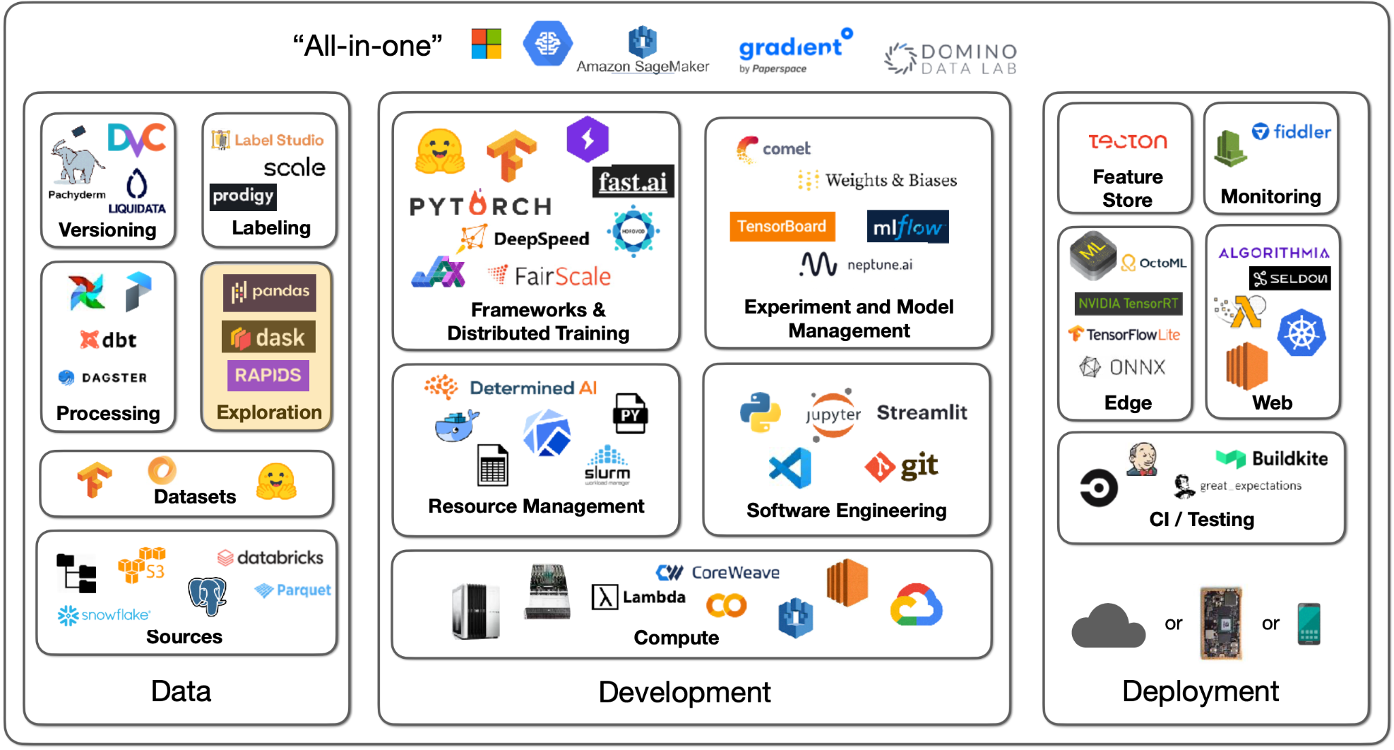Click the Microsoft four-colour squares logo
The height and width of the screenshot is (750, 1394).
pyautogui.click(x=487, y=44)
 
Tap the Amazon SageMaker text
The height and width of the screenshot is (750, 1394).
pyautogui.click(x=643, y=66)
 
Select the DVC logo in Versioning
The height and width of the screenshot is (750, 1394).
pyautogui.click(x=136, y=139)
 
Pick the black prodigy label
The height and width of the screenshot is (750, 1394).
pyautogui.click(x=243, y=196)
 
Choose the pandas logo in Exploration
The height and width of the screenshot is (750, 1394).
pyautogui.click(x=270, y=292)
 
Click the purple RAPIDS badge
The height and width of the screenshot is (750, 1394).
pyautogui.click(x=268, y=375)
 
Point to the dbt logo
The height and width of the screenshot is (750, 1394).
pyautogui.click(x=109, y=340)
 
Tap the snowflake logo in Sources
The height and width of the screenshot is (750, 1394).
pyautogui.click(x=103, y=615)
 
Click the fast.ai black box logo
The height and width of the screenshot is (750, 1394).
pyautogui.click(x=633, y=182)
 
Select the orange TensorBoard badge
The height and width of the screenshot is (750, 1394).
pyautogui.click(x=781, y=227)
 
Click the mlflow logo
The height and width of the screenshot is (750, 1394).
pyautogui.click(x=907, y=227)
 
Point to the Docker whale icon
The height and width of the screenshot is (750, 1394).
pyautogui.click(x=456, y=425)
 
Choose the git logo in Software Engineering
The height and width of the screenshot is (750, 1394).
pyautogui.click(x=902, y=466)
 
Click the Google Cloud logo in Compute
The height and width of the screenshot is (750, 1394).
pyautogui.click(x=916, y=605)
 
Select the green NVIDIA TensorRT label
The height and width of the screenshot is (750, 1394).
pyautogui.click(x=1128, y=304)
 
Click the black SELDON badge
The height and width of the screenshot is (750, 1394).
pyautogui.click(x=1290, y=278)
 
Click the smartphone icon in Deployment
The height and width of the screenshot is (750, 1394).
pyautogui.click(x=1308, y=623)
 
